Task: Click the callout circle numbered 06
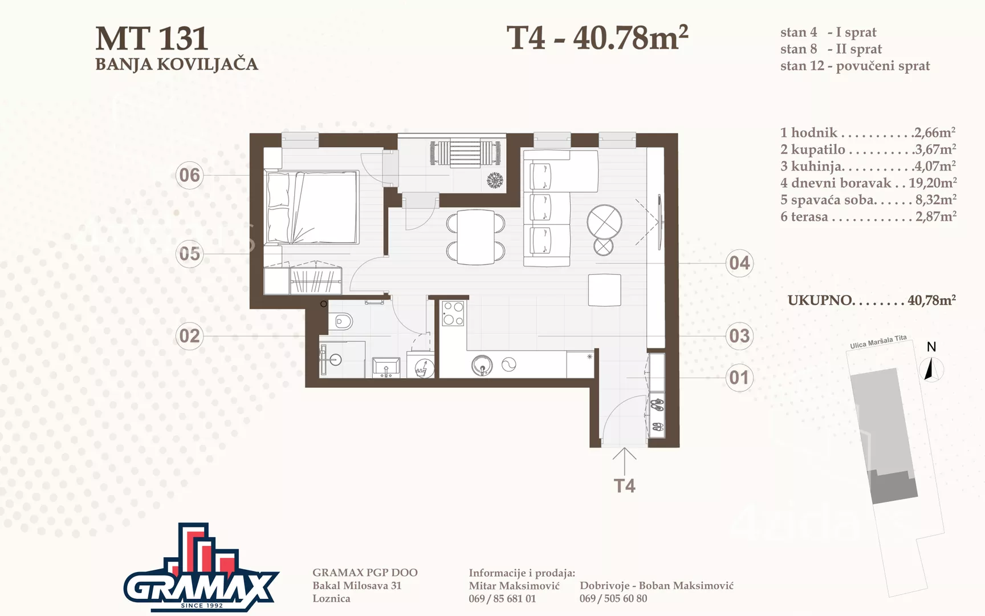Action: pyautogui.click(x=190, y=175)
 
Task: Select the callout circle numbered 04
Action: pyautogui.click(x=739, y=263)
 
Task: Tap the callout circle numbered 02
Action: pyautogui.click(x=190, y=336)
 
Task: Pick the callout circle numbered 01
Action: pyautogui.click(x=739, y=378)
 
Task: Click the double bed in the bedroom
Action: pyautogui.click(x=312, y=207)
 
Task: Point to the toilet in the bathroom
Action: pyautogui.click(x=343, y=323)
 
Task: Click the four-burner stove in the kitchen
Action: pyautogui.click(x=453, y=313)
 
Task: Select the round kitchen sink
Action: pyautogui.click(x=482, y=365)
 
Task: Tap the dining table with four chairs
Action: pyautogui.click(x=475, y=237)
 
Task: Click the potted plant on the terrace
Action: pyautogui.click(x=495, y=180)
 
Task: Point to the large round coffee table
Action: pyautogui.click(x=604, y=221)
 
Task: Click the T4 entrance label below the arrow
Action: pyautogui.click(x=624, y=485)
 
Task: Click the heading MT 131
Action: pyautogui.click(x=152, y=39)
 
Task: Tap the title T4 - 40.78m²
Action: pyautogui.click(x=597, y=38)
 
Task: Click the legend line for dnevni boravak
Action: pyautogui.click(x=868, y=183)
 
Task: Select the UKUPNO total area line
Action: pyautogui.click(x=872, y=300)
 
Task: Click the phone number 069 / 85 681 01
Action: pyautogui.click(x=502, y=599)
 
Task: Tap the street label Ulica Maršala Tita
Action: pyautogui.click(x=878, y=342)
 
